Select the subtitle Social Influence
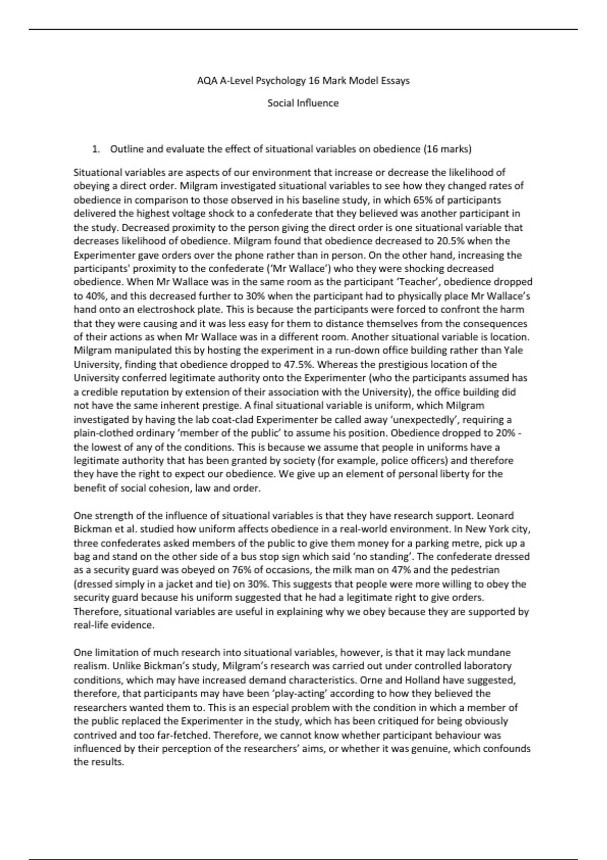coord(303,103)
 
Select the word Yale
coord(513,350)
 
